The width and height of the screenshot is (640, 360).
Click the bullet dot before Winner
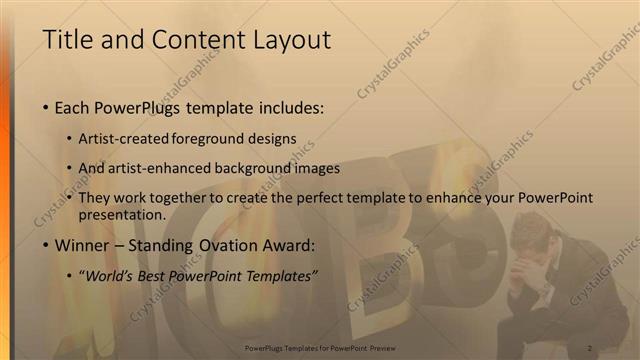click(46, 245)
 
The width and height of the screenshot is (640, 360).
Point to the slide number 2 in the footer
click(591, 348)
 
